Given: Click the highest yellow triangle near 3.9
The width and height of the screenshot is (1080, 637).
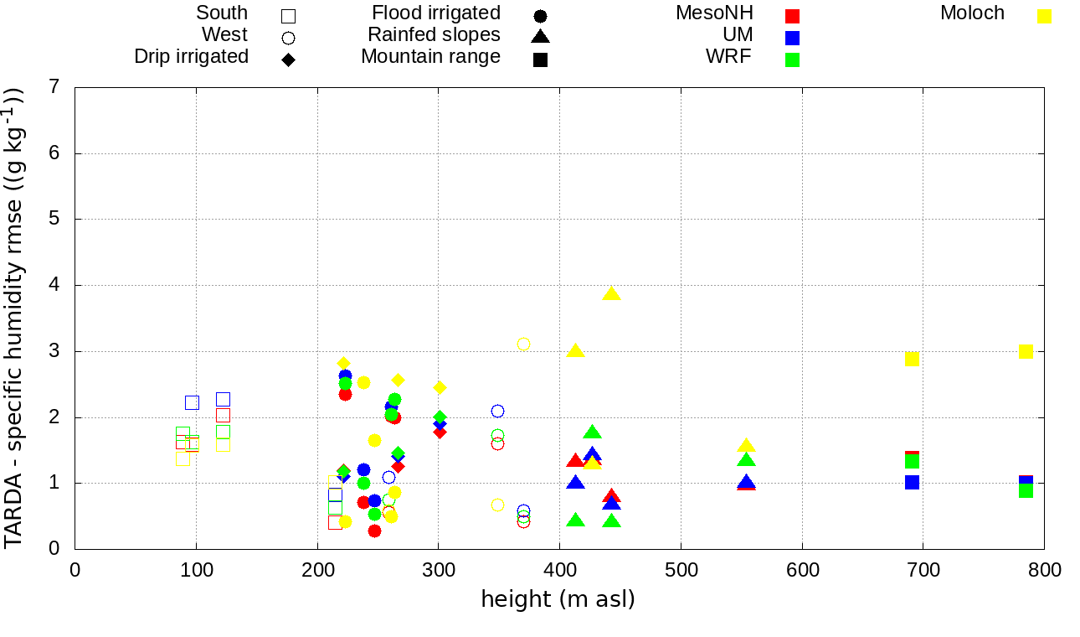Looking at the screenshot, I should [x=611, y=293].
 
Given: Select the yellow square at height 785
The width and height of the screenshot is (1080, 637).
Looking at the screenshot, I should [x=1026, y=351].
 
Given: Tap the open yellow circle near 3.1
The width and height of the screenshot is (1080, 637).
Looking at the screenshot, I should [x=523, y=344].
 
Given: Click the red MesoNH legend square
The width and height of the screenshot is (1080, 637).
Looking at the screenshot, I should [x=792, y=16].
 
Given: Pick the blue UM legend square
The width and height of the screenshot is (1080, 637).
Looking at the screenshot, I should [x=792, y=38].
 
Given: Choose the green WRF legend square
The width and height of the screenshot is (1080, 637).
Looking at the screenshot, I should [x=792, y=60].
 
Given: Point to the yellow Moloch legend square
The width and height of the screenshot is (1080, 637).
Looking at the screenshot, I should [x=1044, y=16].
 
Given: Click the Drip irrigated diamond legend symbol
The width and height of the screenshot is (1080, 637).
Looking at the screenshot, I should [x=288, y=60].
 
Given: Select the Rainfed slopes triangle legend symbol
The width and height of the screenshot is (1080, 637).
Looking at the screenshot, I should [x=540, y=37].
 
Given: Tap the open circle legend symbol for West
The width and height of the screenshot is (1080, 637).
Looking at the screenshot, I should [x=288, y=38].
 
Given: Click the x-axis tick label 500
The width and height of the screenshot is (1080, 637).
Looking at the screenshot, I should [x=681, y=571].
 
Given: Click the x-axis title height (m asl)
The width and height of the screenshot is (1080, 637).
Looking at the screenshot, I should [x=558, y=600].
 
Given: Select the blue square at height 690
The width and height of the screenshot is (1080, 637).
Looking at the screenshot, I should [x=912, y=482].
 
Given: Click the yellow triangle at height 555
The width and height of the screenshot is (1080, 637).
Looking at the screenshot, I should [x=746, y=446].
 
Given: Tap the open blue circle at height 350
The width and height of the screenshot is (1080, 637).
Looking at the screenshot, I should [x=497, y=411].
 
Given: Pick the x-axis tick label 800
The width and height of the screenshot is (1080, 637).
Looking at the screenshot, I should [x=1044, y=571].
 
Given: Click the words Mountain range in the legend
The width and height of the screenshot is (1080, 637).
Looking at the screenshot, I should [x=430, y=57].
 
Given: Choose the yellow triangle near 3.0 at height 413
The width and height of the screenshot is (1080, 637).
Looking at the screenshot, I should [x=575, y=350].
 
